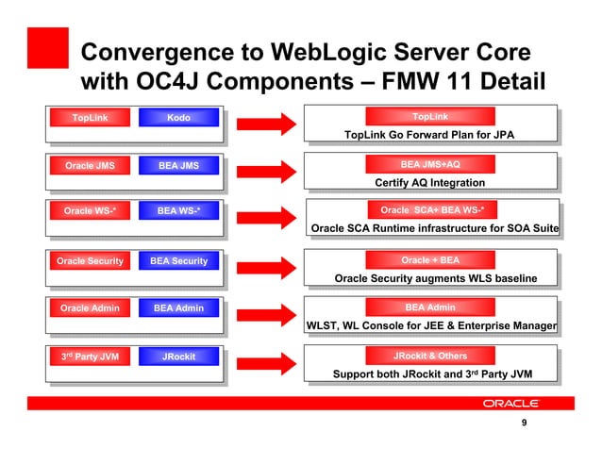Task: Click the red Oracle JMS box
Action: [90, 166]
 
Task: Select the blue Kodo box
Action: [178, 118]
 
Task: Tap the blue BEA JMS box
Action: [178, 166]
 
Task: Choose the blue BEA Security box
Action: [178, 260]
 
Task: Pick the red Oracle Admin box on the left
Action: [90, 308]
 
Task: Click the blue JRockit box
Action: [178, 357]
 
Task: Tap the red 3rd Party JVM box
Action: [90, 357]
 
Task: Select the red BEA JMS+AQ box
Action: [430, 164]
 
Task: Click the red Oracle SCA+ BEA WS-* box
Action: [430, 209]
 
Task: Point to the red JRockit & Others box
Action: [430, 356]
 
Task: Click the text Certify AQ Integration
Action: [430, 182]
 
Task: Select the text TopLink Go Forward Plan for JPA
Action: [430, 135]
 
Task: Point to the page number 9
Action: [524, 435]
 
